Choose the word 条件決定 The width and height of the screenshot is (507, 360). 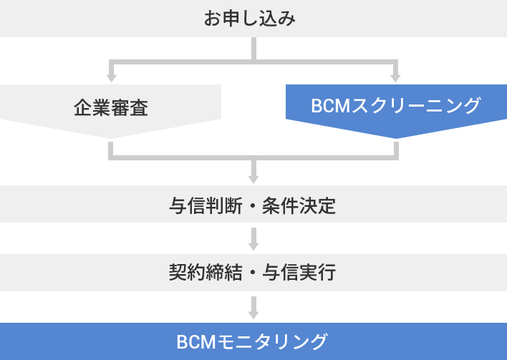tap(300, 206)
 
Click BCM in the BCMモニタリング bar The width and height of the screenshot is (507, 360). tap(195, 341)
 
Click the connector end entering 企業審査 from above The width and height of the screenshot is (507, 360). tap(111, 77)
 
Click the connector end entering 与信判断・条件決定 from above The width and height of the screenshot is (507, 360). tap(253, 178)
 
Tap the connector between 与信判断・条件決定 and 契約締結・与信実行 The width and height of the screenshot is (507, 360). tap(253, 238)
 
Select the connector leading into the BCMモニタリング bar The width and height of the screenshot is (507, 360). tap(253, 308)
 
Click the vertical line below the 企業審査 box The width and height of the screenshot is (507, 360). tap(111, 148)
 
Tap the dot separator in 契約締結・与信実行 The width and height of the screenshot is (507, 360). tap(253, 273)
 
